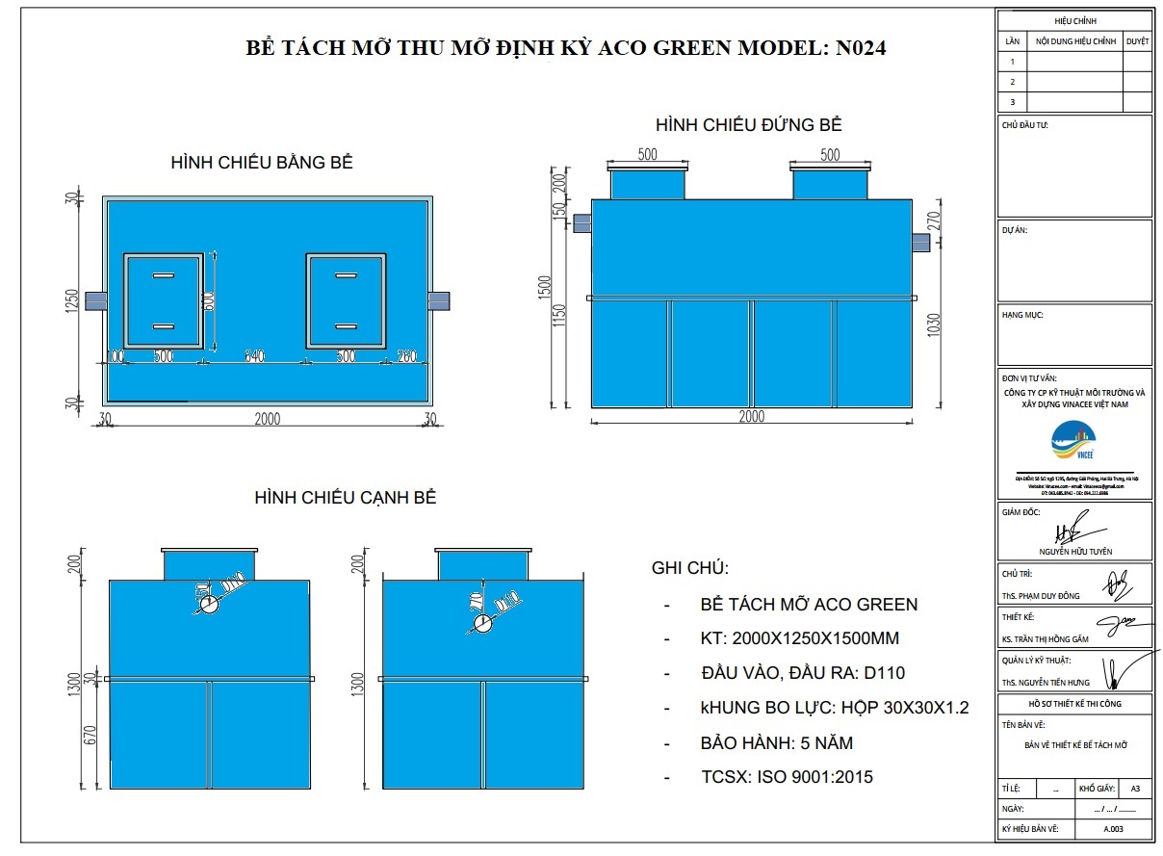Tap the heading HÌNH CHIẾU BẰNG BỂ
point(261,163)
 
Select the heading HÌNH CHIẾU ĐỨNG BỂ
point(748,125)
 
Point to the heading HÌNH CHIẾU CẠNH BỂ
point(346,498)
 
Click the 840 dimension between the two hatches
point(254,356)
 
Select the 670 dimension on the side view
point(90,737)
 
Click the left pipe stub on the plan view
point(96,300)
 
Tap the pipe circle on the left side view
point(210,604)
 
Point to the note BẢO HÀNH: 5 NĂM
point(776,743)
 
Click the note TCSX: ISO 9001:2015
point(787,777)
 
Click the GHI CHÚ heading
point(690,567)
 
